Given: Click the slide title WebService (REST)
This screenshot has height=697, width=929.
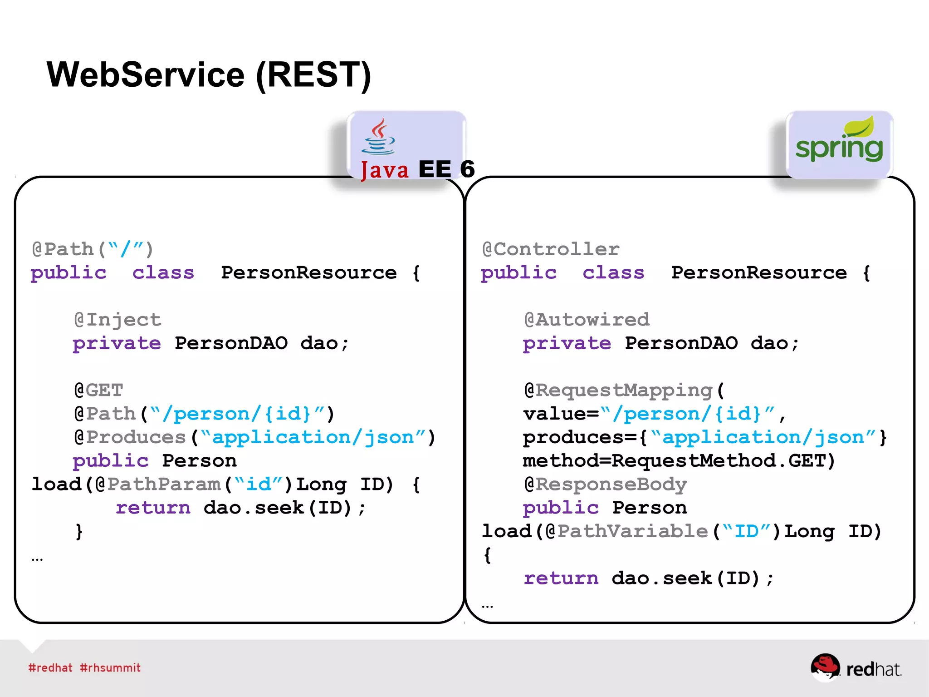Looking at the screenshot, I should [209, 75].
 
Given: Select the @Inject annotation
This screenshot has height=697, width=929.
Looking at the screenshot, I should [117, 320].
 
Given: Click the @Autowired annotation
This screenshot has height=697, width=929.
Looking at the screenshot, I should [587, 320].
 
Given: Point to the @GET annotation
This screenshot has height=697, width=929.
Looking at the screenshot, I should [98, 390].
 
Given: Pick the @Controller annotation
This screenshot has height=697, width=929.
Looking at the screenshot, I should [551, 249].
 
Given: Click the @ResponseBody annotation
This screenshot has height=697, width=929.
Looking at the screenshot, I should [605, 484].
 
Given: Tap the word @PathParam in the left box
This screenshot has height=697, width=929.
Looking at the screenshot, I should [158, 484].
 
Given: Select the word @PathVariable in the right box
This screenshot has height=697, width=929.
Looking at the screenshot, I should [627, 531].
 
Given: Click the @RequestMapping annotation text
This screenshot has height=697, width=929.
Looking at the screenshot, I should [619, 390].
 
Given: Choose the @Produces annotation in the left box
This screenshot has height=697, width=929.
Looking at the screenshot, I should [130, 437].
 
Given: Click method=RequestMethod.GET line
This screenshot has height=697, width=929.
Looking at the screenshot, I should [679, 460].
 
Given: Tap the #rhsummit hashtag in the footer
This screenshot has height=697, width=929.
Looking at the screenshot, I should [110, 667].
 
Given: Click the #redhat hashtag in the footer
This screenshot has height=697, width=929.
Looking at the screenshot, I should [50, 667].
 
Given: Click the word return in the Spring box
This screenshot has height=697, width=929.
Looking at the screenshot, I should [561, 578].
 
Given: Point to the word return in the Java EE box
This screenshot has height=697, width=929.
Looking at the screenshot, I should [153, 508].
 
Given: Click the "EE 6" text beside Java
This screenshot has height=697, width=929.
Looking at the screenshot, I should [446, 169].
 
